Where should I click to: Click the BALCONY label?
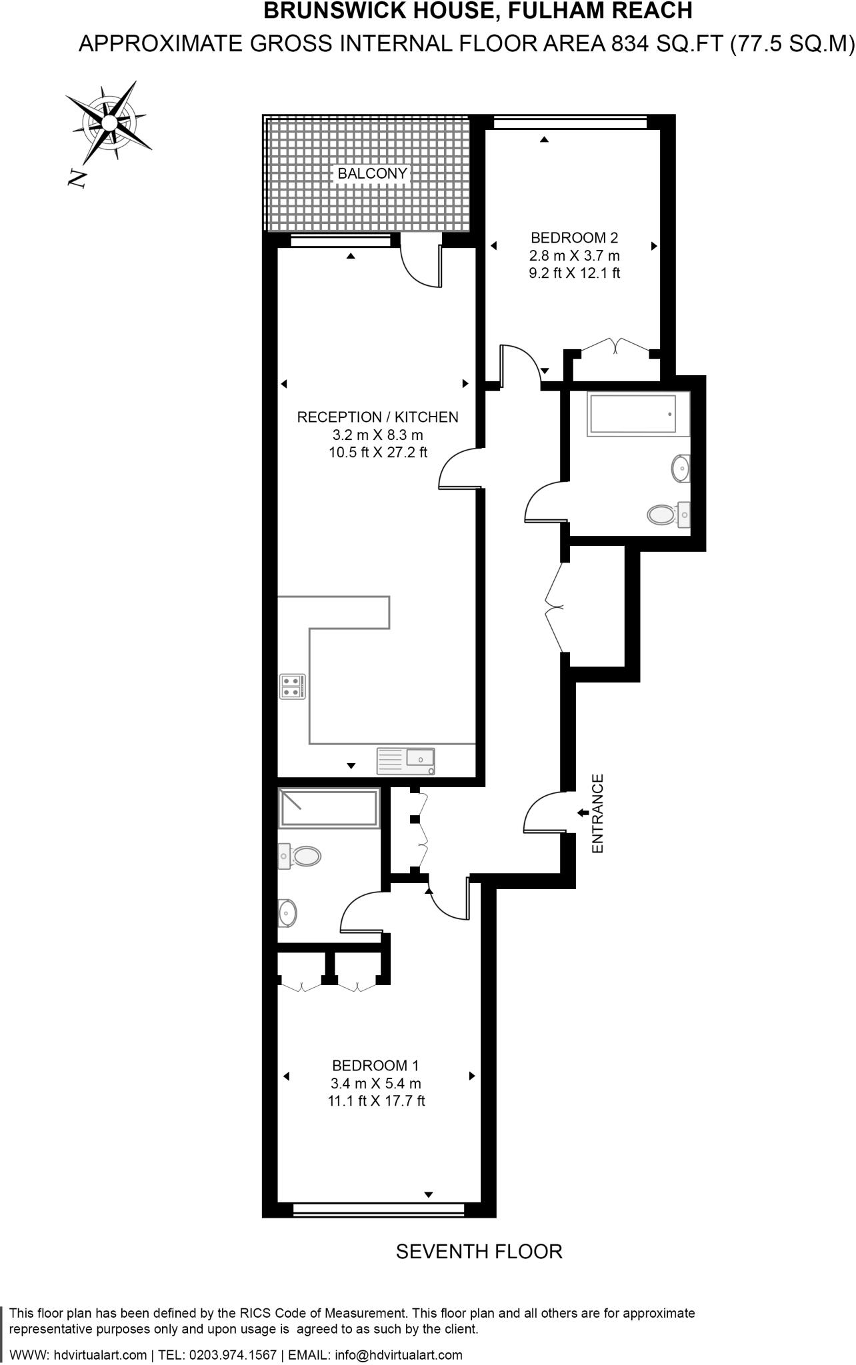point(372,173)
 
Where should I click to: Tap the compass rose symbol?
point(108,124)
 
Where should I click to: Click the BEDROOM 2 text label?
point(574,237)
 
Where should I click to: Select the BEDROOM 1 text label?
point(375,1065)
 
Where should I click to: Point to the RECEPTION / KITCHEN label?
point(377,417)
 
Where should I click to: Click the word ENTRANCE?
point(597,813)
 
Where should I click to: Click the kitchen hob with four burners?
point(293,686)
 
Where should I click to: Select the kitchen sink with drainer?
point(406,760)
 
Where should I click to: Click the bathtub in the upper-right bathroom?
point(631,415)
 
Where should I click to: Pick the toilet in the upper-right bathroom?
point(663,515)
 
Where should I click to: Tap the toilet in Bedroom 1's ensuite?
point(303,856)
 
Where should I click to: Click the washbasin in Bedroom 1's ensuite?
point(288,912)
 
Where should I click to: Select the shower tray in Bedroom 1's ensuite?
point(329,808)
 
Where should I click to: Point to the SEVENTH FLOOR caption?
point(479,1252)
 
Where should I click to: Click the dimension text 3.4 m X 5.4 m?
point(375,1083)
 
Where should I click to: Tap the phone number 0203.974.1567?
point(233,1355)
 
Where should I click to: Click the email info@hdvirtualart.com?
point(398,1355)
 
